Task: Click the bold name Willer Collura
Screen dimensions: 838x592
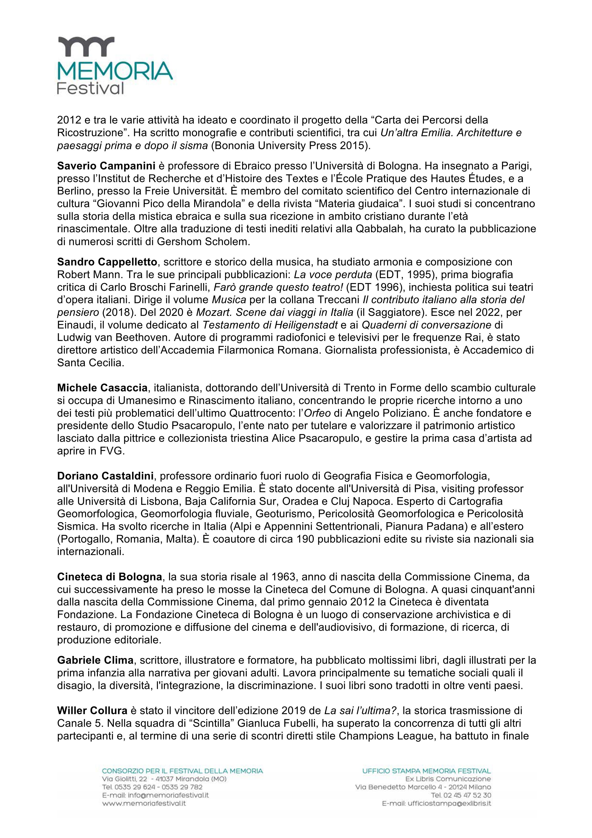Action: click(x=92, y=711)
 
